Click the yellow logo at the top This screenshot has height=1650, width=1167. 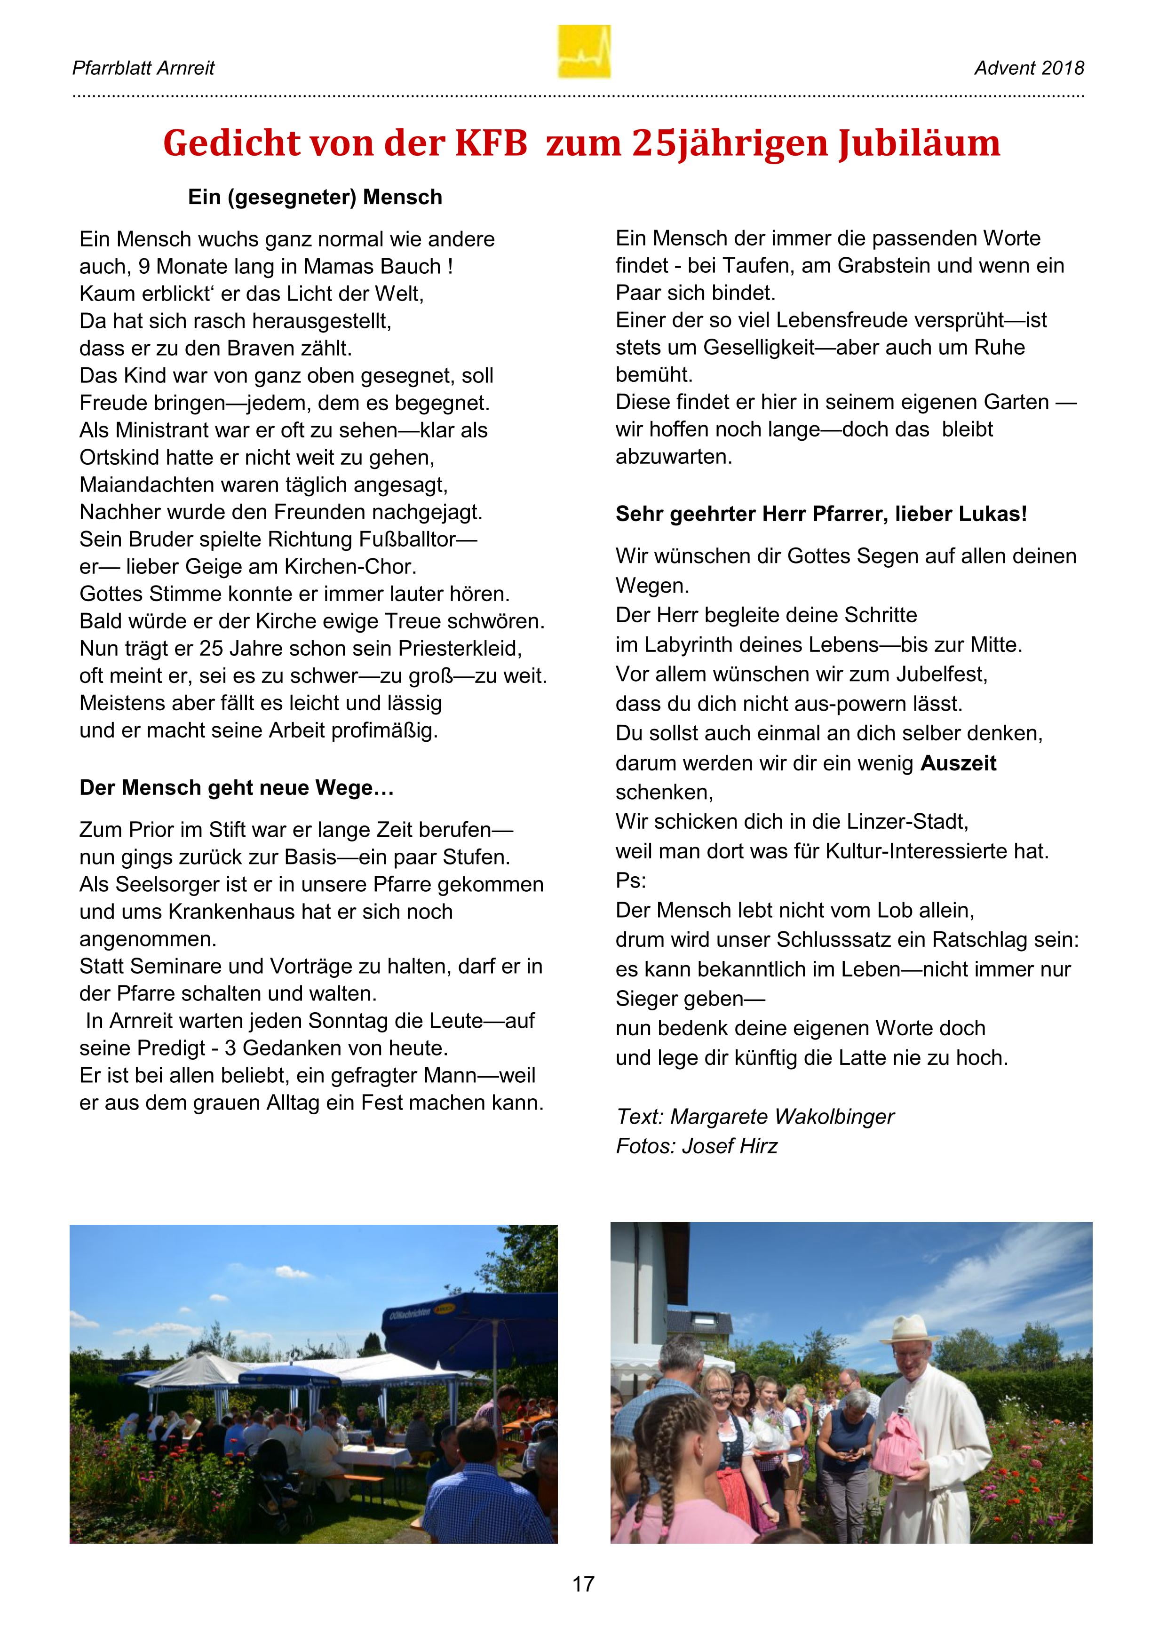583,52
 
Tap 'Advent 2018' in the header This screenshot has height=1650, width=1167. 1029,68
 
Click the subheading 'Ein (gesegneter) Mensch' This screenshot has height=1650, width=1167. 315,198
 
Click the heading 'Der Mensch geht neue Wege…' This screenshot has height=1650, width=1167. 237,788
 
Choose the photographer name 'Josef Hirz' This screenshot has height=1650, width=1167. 730,1145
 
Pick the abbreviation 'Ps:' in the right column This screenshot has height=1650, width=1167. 630,881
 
